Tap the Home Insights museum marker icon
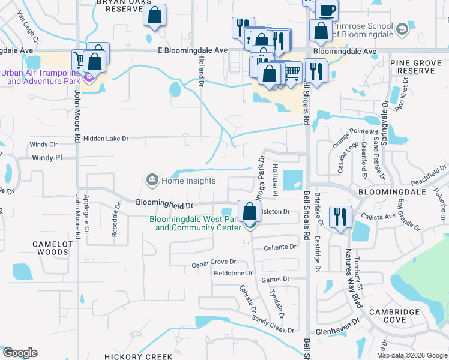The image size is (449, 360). [152, 179]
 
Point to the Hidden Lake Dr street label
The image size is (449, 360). [106, 139]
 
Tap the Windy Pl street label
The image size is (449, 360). [47, 158]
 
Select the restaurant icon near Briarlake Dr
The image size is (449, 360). [340, 218]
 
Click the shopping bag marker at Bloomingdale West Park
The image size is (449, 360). [249, 212]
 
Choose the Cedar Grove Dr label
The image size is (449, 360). [214, 263]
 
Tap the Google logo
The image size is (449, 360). [20, 353]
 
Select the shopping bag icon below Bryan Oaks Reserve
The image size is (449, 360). [154, 16]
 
